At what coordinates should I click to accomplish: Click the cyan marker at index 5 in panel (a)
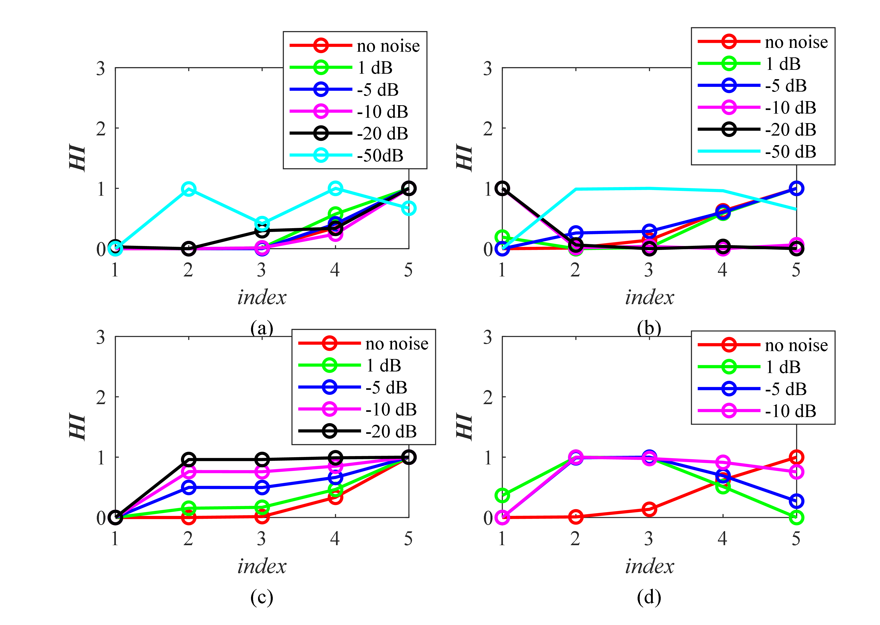click(x=409, y=209)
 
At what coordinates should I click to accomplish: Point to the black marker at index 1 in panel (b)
click(x=502, y=189)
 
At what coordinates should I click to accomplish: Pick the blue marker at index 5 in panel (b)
click(x=796, y=189)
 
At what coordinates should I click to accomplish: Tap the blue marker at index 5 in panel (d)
click(x=796, y=501)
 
